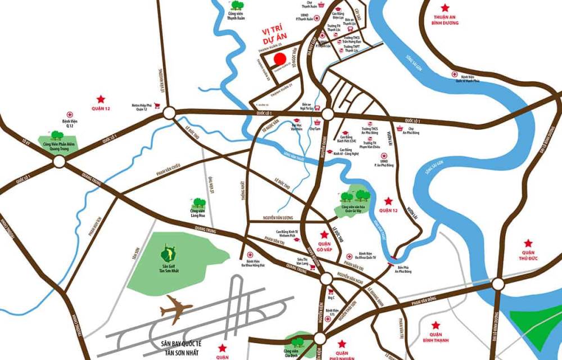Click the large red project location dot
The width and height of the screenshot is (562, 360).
pyautogui.click(x=279, y=60)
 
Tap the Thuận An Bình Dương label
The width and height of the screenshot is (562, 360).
pyautogui.click(x=446, y=19)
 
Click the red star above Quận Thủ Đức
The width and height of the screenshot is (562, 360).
pyautogui.click(x=528, y=244)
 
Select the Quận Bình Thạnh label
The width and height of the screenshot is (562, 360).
pyautogui.click(x=435, y=337)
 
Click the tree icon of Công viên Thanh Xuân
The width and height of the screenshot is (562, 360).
pyautogui.click(x=235, y=6)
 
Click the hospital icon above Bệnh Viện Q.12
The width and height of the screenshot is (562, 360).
pyautogui.click(x=70, y=113)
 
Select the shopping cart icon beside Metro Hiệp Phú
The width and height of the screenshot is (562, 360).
pyautogui.click(x=158, y=105)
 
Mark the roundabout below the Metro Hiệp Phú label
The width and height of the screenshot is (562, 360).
pyautogui.click(x=170, y=114)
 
